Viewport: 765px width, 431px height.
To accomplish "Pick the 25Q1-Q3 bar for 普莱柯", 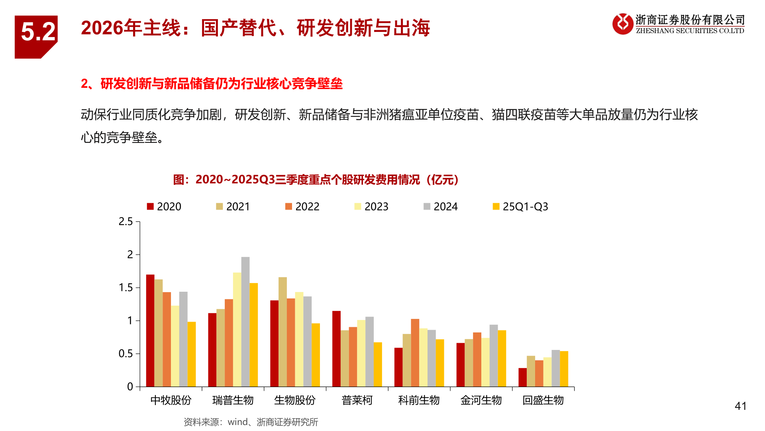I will pos(378,364).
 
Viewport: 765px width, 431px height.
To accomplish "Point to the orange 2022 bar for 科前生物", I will pos(415,353).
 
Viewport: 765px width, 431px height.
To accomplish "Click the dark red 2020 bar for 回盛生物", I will pos(522,377).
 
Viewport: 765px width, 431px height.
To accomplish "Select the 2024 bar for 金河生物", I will pos(494,356).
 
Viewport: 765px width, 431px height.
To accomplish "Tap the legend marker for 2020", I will pos(150,206).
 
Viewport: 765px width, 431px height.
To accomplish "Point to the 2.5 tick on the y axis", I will pos(126,221).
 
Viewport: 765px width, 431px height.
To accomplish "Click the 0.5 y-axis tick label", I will pos(126,354).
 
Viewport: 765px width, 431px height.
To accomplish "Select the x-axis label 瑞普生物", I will pos(233,400).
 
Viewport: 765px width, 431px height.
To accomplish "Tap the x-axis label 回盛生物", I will pos(543,400).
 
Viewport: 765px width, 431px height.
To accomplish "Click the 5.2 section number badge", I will pos(37,34).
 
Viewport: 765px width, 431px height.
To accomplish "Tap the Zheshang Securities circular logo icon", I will pos(622,24).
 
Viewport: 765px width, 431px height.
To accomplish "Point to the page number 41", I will pos(740,406).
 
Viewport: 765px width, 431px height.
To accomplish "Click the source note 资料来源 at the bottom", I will pos(251,422).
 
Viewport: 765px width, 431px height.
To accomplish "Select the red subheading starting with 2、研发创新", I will pos(212,84).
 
